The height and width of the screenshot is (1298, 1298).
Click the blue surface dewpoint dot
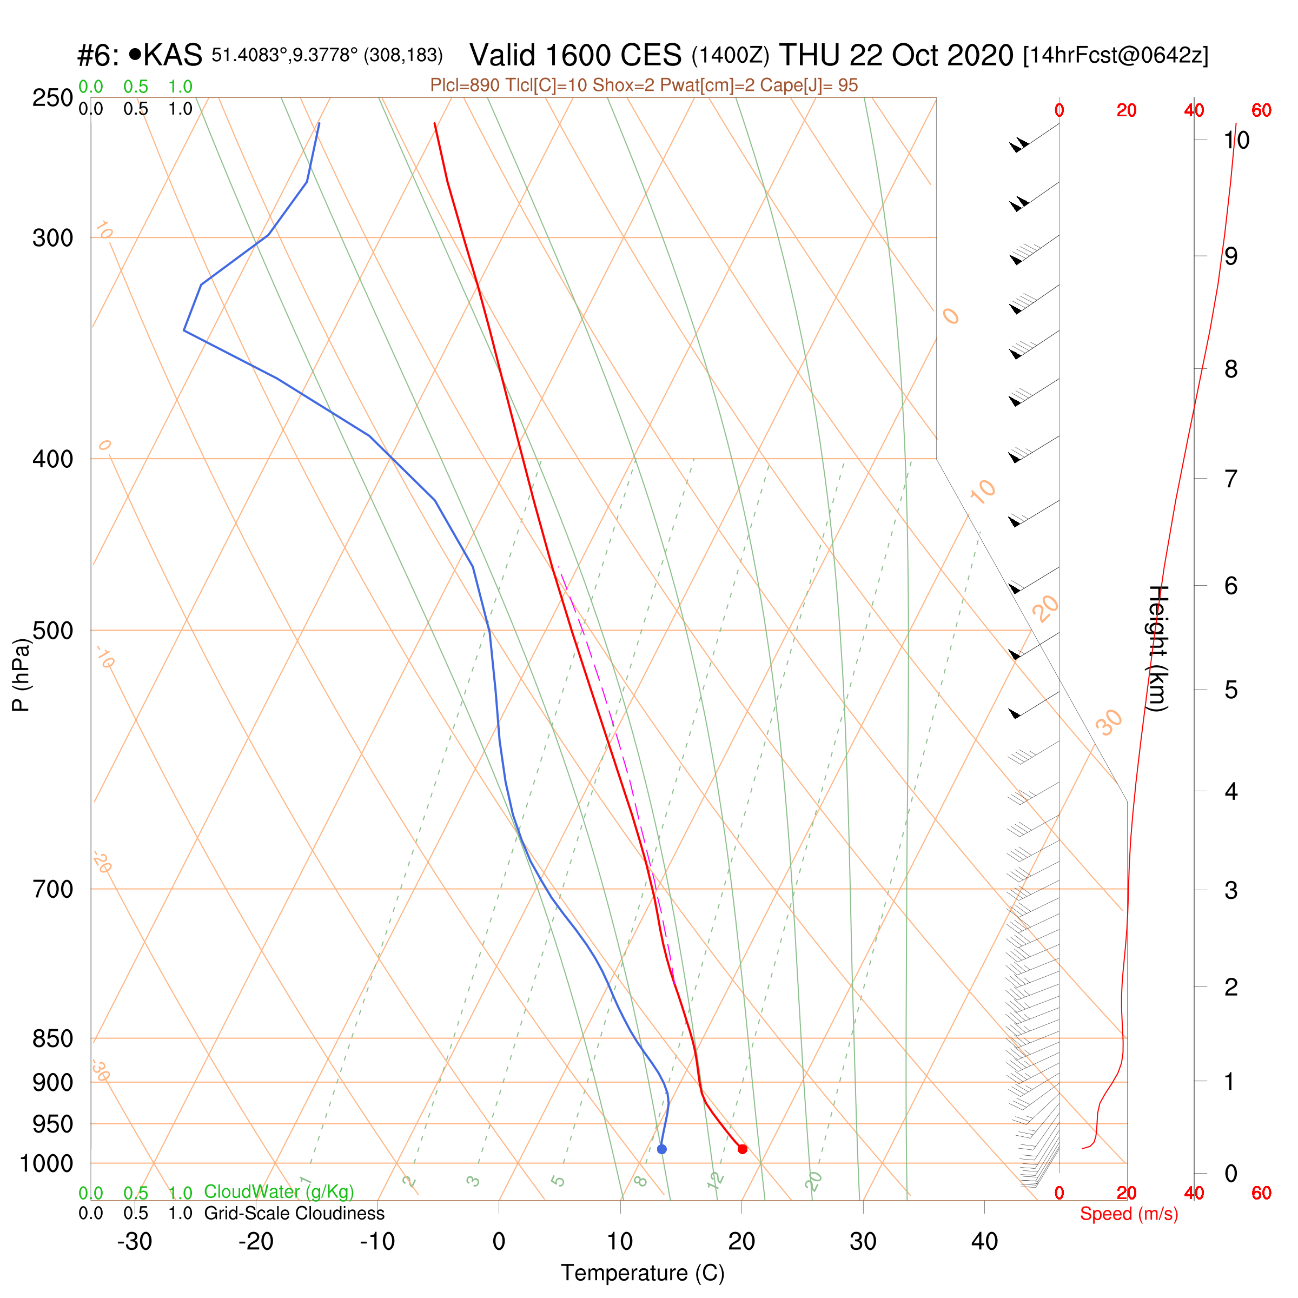tap(662, 1149)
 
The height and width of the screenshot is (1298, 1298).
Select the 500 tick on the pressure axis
tap(53, 631)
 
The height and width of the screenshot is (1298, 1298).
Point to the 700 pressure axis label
tap(53, 890)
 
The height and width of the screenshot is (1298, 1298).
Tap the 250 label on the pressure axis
tap(53, 98)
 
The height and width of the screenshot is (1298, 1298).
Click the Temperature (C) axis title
tap(643, 1273)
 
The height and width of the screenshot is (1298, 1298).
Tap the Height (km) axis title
tap(1157, 648)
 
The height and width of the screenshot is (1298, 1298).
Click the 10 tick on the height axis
tap(1236, 141)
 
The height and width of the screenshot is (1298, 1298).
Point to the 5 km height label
tap(1231, 690)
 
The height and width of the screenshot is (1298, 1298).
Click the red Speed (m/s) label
tap(1129, 1214)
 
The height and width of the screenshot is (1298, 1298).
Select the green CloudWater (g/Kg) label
tap(279, 1192)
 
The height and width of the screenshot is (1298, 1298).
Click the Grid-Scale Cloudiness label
tap(294, 1213)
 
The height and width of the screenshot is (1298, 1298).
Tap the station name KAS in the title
tap(173, 55)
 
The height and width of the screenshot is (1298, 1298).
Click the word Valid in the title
tap(503, 55)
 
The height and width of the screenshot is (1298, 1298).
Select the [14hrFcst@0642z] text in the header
tap(1115, 55)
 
